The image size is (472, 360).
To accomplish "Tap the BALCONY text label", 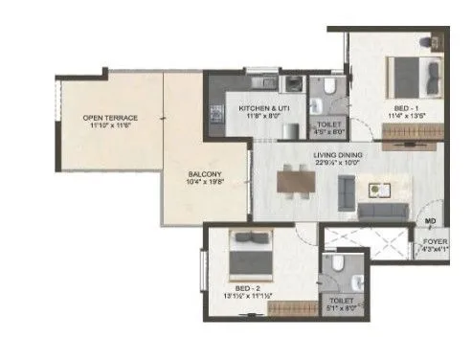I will [x=206, y=174].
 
